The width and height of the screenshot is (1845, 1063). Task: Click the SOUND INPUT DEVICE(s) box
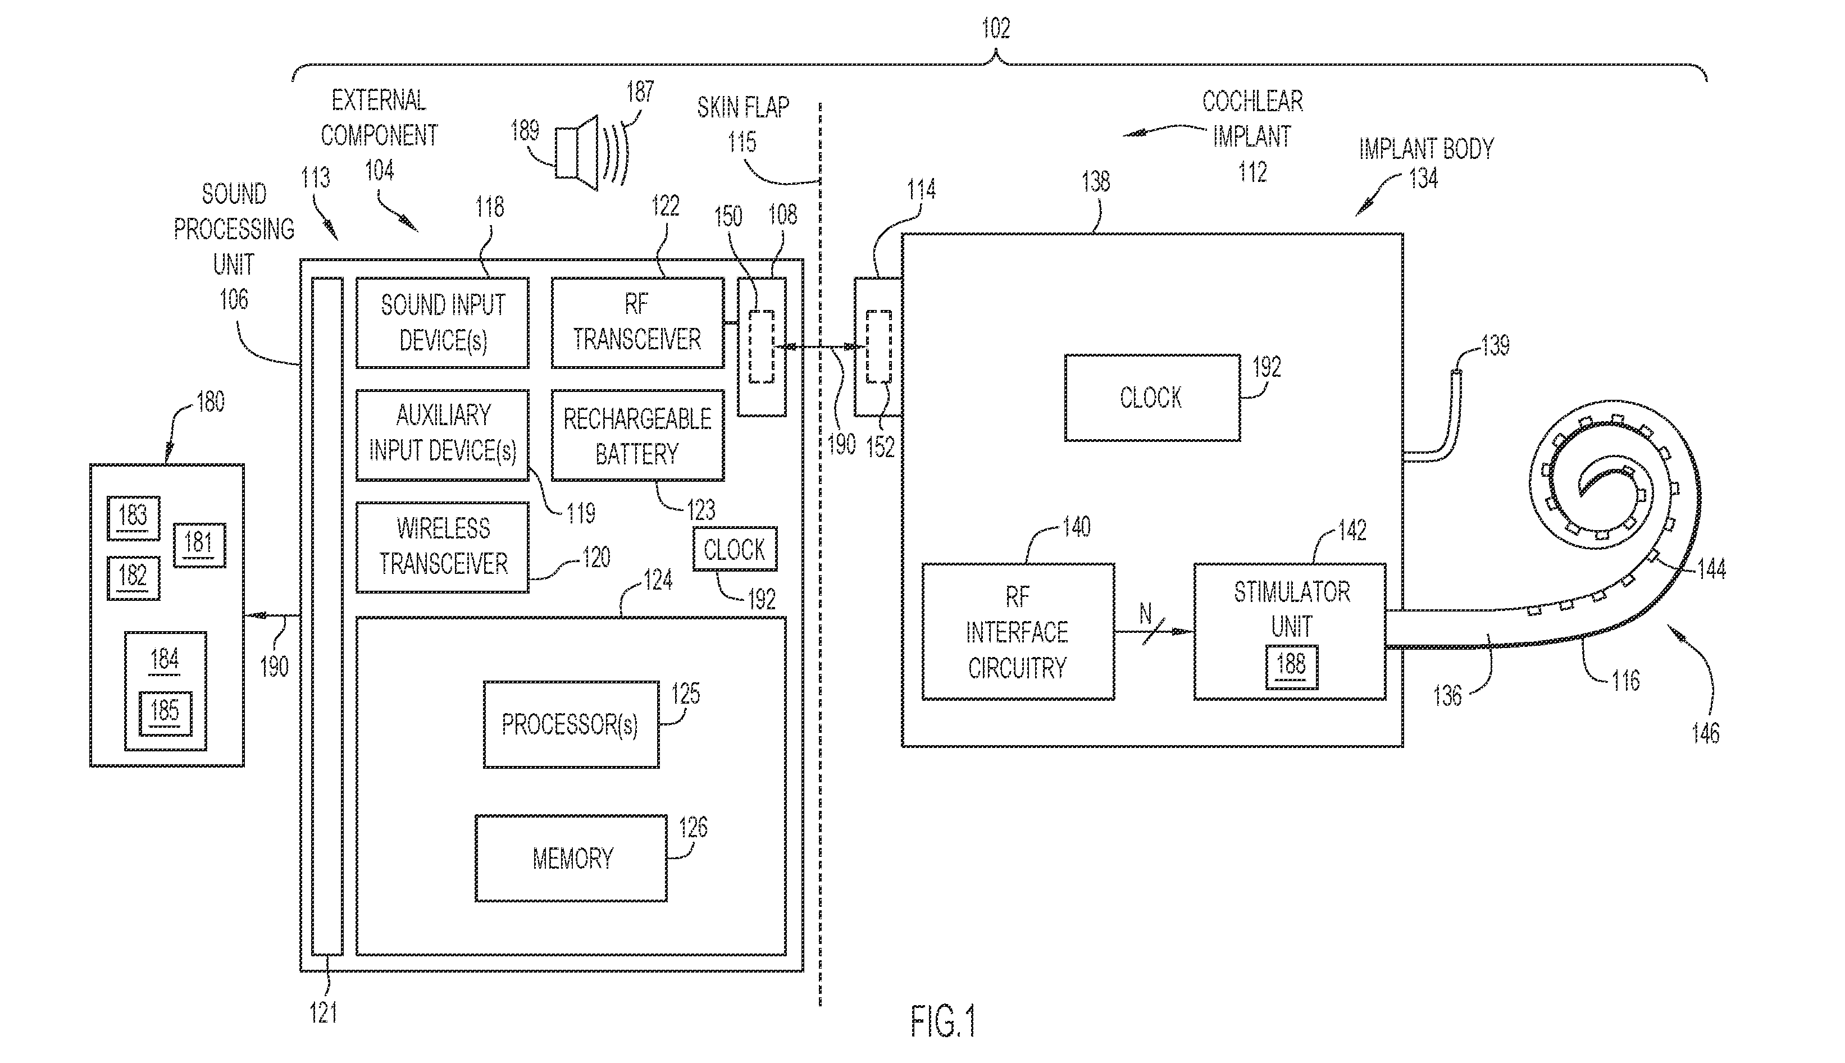443,323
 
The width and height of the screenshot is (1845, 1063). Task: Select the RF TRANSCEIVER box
637,323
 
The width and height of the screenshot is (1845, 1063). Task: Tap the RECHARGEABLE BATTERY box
637,435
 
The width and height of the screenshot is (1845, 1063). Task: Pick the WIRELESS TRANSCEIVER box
443,547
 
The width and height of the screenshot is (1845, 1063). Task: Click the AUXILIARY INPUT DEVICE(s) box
443,435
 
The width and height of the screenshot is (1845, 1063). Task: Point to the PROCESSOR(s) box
571,724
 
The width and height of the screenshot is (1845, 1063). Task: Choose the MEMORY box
571,858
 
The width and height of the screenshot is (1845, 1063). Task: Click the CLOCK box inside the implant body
1152,398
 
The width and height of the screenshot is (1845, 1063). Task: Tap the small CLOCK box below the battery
735,549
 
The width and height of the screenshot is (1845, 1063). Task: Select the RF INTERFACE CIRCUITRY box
1018,632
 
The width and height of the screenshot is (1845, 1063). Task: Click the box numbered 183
133,518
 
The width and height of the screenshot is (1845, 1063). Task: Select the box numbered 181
199,545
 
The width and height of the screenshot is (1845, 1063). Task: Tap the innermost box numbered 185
166,713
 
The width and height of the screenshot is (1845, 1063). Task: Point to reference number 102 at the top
996,29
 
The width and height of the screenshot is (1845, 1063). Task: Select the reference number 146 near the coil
1706,732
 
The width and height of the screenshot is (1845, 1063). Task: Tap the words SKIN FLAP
743,108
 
